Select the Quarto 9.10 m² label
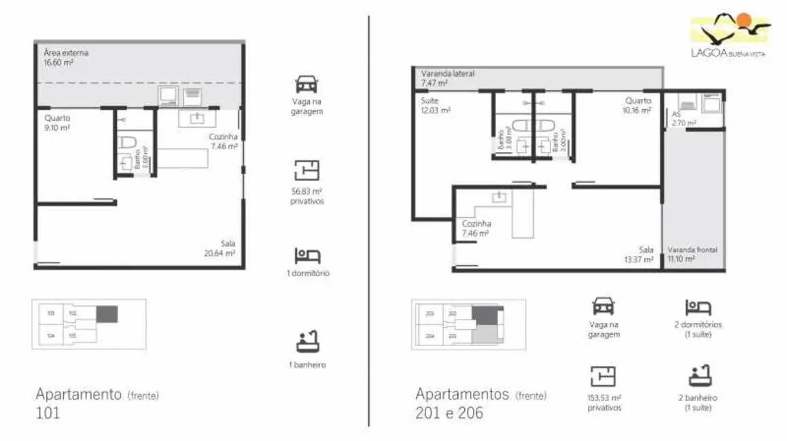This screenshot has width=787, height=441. (x=56, y=121)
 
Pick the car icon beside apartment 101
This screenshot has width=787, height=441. (x=306, y=85)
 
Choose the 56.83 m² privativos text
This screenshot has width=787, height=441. (x=307, y=196)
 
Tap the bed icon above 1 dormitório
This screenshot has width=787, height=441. (x=307, y=256)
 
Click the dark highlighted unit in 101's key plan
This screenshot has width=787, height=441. (x=107, y=314)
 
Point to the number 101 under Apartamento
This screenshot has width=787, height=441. (x=48, y=413)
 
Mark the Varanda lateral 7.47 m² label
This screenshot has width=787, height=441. (x=447, y=78)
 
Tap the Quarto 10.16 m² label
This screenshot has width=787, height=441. (x=637, y=105)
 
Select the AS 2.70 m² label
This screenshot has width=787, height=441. (x=683, y=119)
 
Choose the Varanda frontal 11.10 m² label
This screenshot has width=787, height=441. (x=692, y=254)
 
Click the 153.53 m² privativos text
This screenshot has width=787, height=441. (x=604, y=403)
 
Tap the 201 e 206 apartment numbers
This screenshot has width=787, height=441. (x=449, y=413)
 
